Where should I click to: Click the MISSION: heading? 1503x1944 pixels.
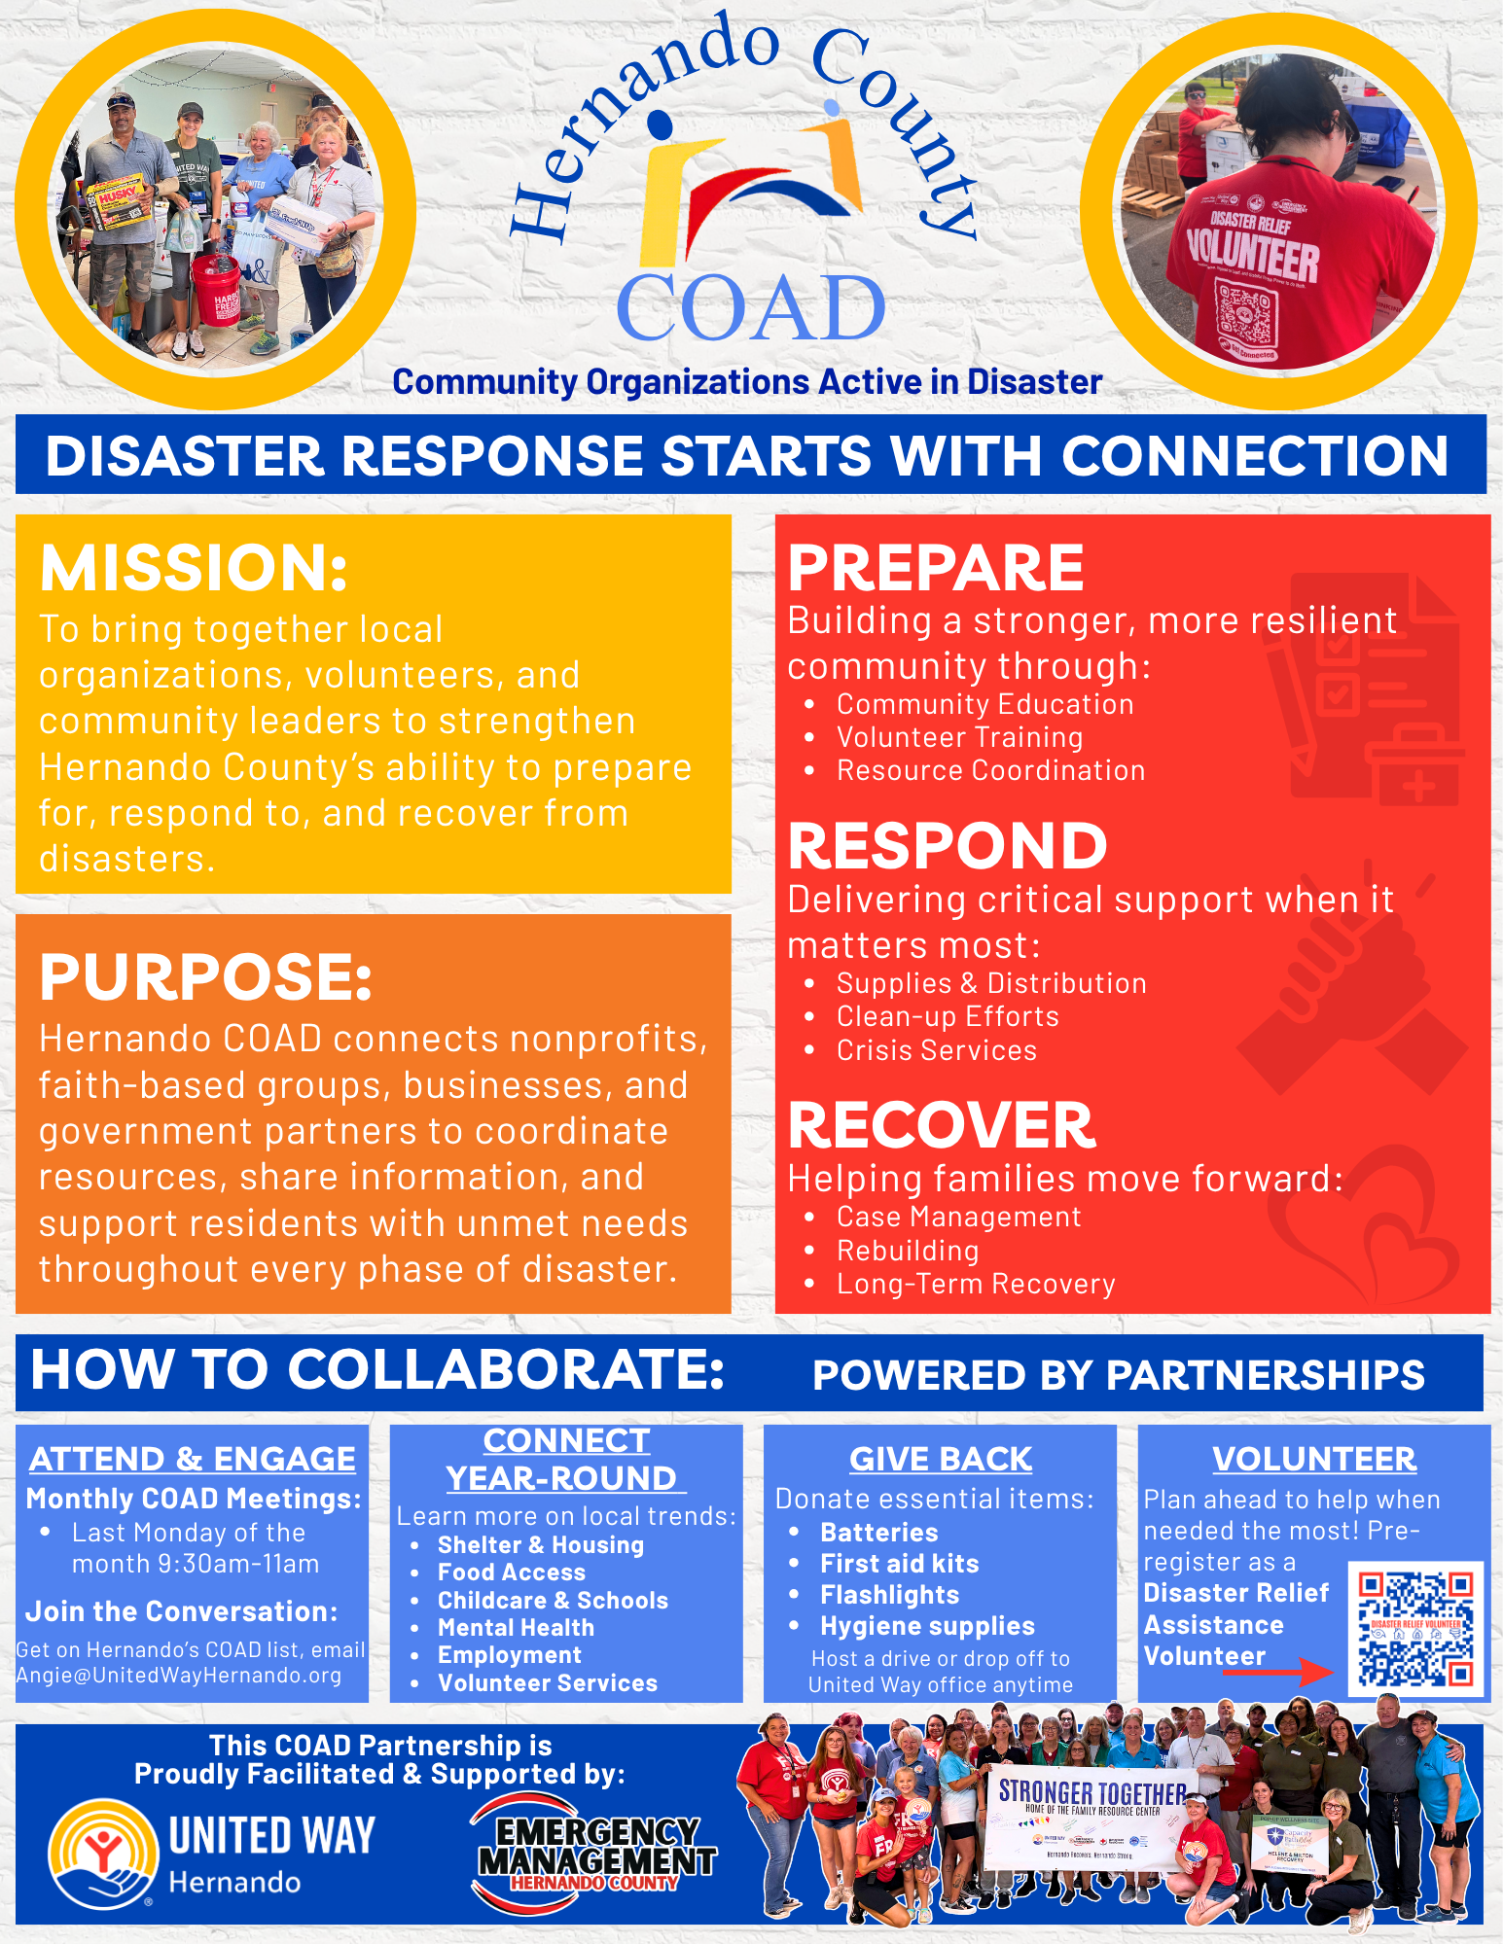(194, 568)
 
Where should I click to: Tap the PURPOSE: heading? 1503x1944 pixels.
(205, 977)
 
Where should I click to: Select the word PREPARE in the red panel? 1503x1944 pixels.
(935, 568)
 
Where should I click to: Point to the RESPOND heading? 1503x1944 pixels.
(947, 846)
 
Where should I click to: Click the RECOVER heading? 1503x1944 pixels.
(941, 1125)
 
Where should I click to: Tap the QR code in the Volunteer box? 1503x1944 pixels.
(1416, 1629)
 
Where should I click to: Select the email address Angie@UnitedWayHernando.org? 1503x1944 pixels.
(179, 1676)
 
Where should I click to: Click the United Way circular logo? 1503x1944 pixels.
(103, 1854)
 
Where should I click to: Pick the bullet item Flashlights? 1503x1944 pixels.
(889, 1595)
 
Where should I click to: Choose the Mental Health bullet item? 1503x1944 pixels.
(516, 1627)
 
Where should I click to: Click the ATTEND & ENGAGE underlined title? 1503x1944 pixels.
(192, 1459)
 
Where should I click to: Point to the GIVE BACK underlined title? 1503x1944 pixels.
(940, 1459)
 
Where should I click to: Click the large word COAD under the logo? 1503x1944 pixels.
(750, 307)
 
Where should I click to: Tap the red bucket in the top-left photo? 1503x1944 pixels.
(215, 290)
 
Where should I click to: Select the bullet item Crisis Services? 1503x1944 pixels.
(936, 1050)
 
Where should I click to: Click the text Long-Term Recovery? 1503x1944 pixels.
(976, 1284)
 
